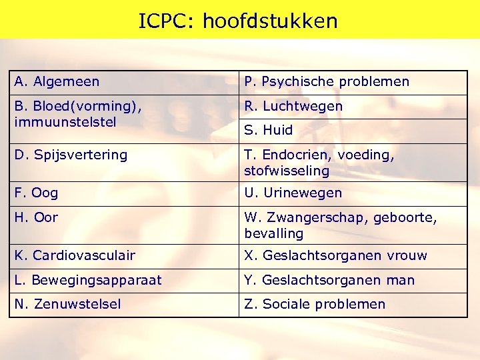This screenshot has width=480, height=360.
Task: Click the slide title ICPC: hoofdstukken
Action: click(x=238, y=21)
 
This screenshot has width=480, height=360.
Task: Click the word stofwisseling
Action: click(x=287, y=171)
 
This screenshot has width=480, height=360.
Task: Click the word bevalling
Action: click(x=274, y=233)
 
